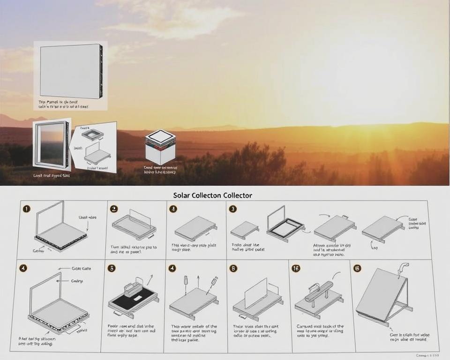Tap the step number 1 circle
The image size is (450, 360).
point(27,209)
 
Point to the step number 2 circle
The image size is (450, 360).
point(113,209)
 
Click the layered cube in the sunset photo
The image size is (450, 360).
point(160,146)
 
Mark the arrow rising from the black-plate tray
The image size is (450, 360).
point(150,280)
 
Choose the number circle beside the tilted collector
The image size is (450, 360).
point(357,268)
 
